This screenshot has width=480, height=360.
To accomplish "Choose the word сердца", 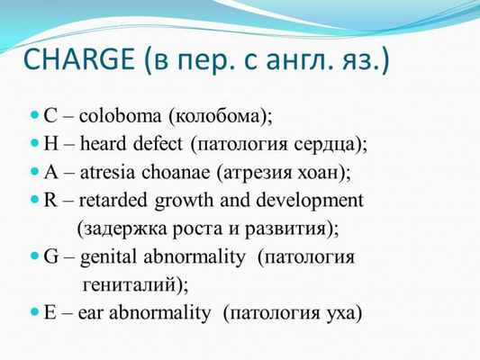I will [328, 144].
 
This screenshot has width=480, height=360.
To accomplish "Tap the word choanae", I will [187, 172].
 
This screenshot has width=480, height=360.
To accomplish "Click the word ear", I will [93, 313].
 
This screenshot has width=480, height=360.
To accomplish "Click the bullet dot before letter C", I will [35, 117].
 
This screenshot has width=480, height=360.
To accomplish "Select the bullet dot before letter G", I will [35, 256].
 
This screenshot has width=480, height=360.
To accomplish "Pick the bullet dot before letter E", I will [35, 313].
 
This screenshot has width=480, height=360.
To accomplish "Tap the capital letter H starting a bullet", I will [52, 144].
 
